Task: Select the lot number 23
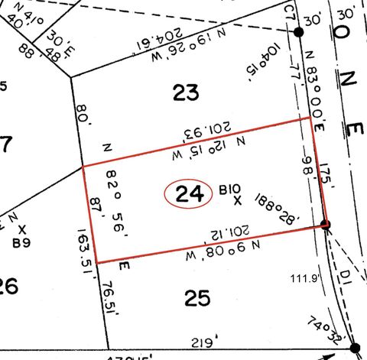tap(185, 93)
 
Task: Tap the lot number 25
tap(196, 298)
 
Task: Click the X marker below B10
tap(237, 202)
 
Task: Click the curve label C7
tap(289, 13)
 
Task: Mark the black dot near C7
tap(299, 32)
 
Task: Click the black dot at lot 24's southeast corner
tap(326, 225)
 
